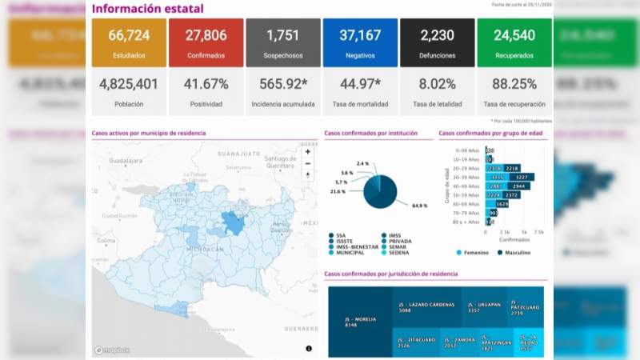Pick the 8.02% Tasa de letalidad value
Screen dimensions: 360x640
(x=437, y=84)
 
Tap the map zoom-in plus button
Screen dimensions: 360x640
(x=308, y=151)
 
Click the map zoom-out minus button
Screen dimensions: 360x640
(x=308, y=163)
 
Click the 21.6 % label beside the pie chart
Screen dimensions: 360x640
(x=338, y=191)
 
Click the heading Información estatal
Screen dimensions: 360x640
(x=147, y=9)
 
